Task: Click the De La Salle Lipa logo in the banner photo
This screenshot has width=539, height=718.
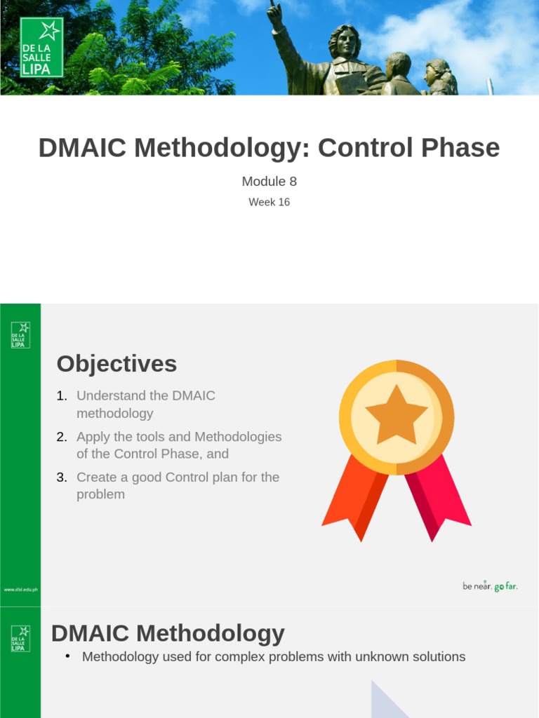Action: [42, 47]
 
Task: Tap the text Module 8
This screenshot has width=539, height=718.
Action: [269, 182]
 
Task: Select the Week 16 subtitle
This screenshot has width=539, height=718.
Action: [269, 202]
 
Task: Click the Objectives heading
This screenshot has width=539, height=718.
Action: [117, 364]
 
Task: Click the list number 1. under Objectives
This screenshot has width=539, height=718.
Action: [62, 396]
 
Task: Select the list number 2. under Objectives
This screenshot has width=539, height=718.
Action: [62, 437]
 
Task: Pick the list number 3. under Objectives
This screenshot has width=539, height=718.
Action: [62, 477]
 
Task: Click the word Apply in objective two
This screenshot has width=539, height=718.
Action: [91, 437]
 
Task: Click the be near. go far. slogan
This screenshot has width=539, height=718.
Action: [490, 586]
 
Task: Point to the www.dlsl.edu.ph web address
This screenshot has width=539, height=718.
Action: [20, 590]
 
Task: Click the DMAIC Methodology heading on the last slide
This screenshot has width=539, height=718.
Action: [168, 634]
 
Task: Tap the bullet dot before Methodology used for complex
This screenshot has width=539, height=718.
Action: [67, 656]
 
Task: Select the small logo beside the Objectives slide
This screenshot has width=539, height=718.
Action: [20, 335]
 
